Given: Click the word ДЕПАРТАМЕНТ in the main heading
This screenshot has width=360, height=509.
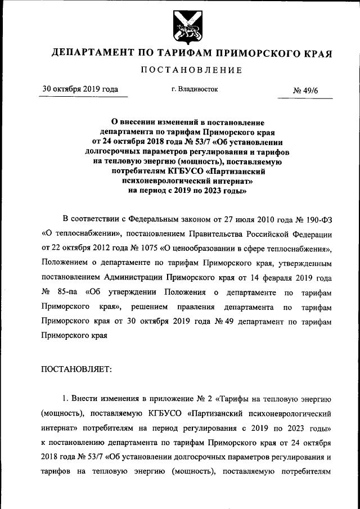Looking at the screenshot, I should coord(91,54).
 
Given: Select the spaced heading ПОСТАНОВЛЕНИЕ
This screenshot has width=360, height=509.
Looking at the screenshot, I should coord(192,70).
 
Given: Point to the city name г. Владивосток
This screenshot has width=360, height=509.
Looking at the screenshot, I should coord(194,89).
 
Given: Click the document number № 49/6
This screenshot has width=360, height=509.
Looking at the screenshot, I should coord(306,89).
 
